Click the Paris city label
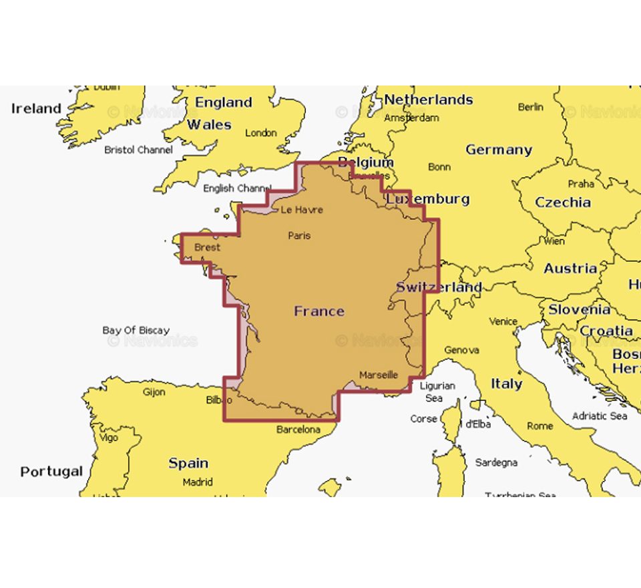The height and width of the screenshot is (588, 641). click(299, 235)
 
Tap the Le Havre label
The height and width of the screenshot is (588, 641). click(301, 210)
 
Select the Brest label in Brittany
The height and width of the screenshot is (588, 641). click(207, 247)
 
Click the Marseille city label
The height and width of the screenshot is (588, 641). click(379, 375)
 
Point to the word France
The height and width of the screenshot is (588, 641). click(319, 311)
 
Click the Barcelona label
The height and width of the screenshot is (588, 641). click(298, 430)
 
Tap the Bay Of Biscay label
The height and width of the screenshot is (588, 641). click(136, 330)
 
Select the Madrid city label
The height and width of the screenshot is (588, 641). click(198, 482)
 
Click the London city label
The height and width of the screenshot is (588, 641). click(261, 133)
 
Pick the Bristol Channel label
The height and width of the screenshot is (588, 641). click(138, 150)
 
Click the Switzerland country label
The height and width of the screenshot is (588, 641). click(439, 287)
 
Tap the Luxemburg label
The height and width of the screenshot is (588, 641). click(428, 199)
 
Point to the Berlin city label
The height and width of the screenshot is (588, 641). click(531, 107)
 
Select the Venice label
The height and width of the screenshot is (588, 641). click(503, 321)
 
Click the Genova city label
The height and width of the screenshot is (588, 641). click(461, 349)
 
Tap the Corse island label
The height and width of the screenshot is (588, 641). click(423, 419)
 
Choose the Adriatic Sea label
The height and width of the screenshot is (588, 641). click(600, 416)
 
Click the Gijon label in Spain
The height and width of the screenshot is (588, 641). click(154, 392)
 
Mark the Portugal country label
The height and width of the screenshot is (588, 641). click(51, 472)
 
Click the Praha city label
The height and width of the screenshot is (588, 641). click(581, 184)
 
